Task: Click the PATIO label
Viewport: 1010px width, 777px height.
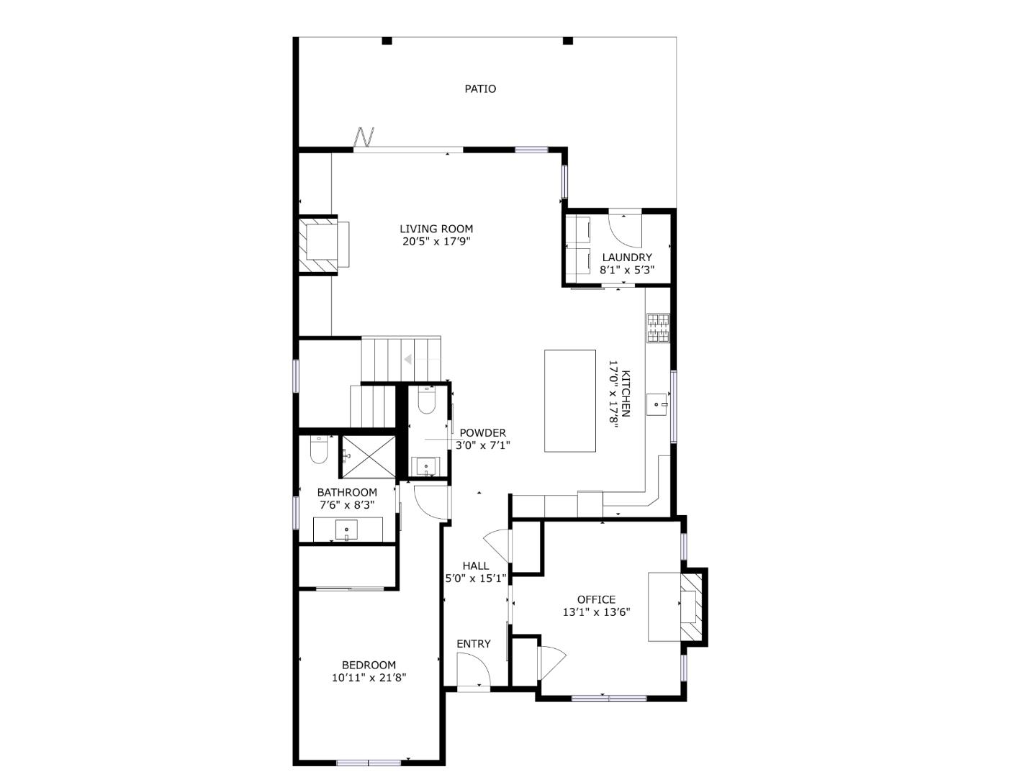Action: [479, 88]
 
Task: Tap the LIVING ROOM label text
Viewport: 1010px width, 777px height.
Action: [436, 229]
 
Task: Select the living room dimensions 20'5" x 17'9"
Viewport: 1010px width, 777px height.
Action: [436, 242]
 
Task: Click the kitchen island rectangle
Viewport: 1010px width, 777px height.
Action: [569, 401]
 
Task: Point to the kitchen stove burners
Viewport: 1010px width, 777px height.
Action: [657, 328]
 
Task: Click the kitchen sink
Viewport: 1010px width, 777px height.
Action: [657, 404]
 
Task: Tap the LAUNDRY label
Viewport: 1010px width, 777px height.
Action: [626, 258]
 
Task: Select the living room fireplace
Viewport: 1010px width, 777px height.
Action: [317, 245]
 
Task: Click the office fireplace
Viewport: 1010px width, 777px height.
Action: [690, 605]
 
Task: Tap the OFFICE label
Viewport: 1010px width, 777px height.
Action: [596, 599]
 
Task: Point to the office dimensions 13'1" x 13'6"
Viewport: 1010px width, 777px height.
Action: [596, 612]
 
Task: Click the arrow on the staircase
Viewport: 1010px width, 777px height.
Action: [408, 359]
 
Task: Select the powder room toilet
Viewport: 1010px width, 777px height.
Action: [425, 400]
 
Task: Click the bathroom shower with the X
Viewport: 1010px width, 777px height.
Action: [368, 455]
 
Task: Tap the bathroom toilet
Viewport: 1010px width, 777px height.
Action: [318, 450]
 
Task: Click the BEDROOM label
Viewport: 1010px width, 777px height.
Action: [369, 665]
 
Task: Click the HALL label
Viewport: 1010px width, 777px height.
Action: [475, 565]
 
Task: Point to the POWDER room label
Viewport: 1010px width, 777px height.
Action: [482, 432]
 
